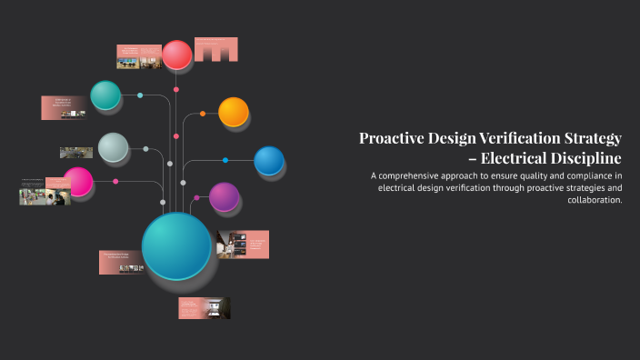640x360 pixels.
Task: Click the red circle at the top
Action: click(x=177, y=55)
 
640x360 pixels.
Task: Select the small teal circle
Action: click(x=105, y=95)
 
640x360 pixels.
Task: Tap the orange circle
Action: click(x=234, y=112)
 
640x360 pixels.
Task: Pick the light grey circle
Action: click(x=113, y=147)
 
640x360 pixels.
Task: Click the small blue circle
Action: click(x=268, y=161)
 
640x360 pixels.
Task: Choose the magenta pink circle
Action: click(x=78, y=182)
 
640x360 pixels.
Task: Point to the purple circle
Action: click(x=224, y=196)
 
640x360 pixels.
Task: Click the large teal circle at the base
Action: click(x=176, y=245)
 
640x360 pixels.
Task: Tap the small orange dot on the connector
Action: click(x=203, y=114)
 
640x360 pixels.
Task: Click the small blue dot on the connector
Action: click(x=225, y=161)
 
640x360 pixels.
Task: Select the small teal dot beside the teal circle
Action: click(x=140, y=95)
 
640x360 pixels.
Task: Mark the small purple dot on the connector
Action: click(x=195, y=197)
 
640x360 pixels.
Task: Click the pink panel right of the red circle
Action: click(x=216, y=50)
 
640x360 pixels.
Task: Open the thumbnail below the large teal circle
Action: click(x=205, y=308)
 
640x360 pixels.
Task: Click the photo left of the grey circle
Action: click(x=76, y=153)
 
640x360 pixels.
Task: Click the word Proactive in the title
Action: click(x=392, y=138)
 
